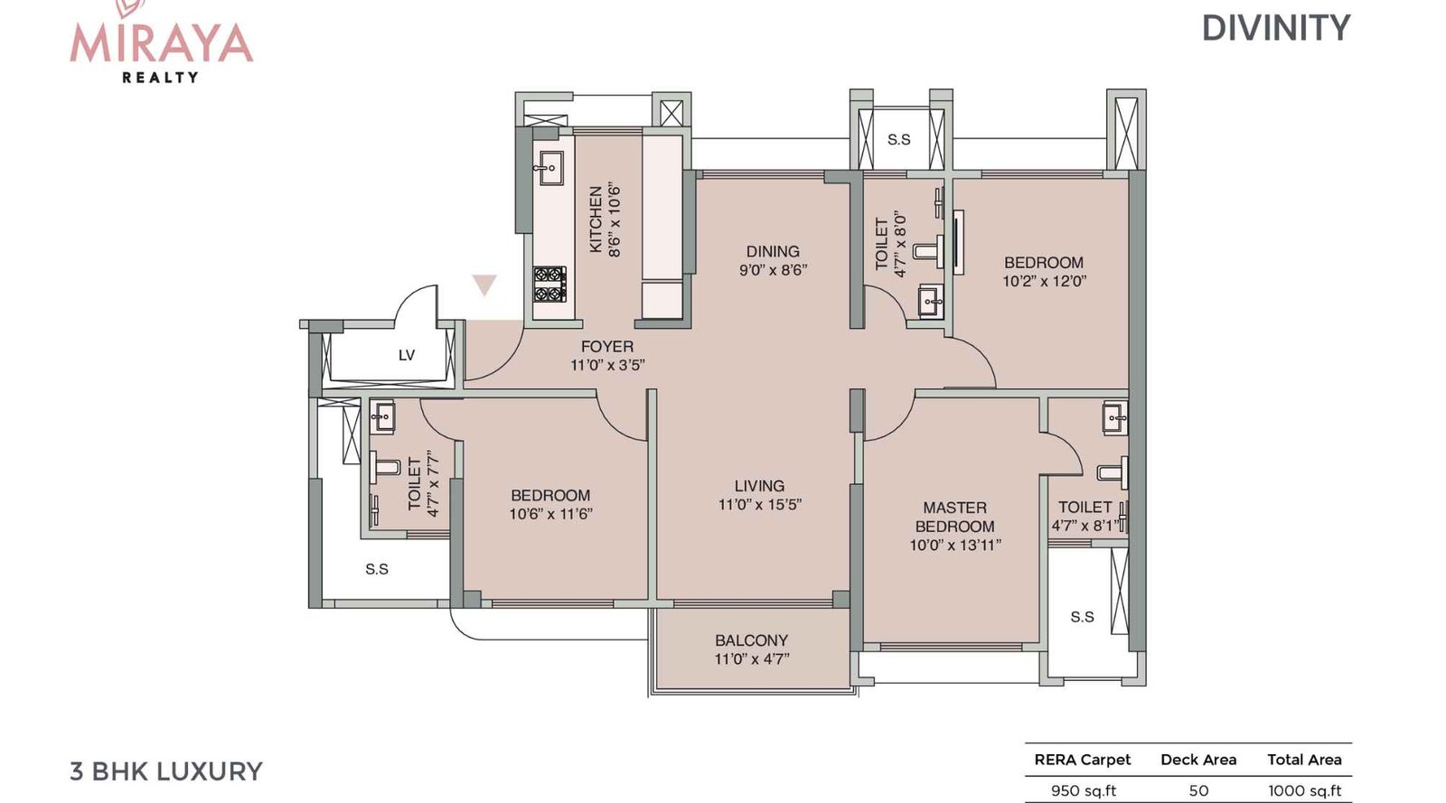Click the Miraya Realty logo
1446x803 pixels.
pyautogui.click(x=161, y=42)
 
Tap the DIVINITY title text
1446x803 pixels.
pyautogui.click(x=1275, y=29)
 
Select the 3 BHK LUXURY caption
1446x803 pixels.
pyautogui.click(x=166, y=771)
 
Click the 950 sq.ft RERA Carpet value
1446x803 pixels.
pyautogui.click(x=1083, y=790)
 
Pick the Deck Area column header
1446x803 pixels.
pyautogui.click(x=1197, y=760)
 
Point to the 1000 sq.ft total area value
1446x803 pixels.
pyautogui.click(x=1304, y=790)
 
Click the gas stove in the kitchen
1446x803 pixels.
pyautogui.click(x=549, y=284)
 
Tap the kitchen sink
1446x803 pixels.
pyautogui.click(x=548, y=167)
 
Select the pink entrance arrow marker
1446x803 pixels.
pyautogui.click(x=484, y=285)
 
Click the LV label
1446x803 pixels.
pyautogui.click(x=407, y=355)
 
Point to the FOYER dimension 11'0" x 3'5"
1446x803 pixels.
pyautogui.click(x=607, y=365)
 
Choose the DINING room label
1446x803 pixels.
pyautogui.click(x=773, y=251)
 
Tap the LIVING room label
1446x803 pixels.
pyautogui.click(x=759, y=486)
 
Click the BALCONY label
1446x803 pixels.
pyautogui.click(x=751, y=640)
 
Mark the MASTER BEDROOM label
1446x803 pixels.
pyautogui.click(x=954, y=517)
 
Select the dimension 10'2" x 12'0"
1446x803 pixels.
pyautogui.click(x=1044, y=281)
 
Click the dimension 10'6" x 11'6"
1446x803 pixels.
pyautogui.click(x=550, y=514)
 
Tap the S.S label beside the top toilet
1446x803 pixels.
pyautogui.click(x=898, y=139)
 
